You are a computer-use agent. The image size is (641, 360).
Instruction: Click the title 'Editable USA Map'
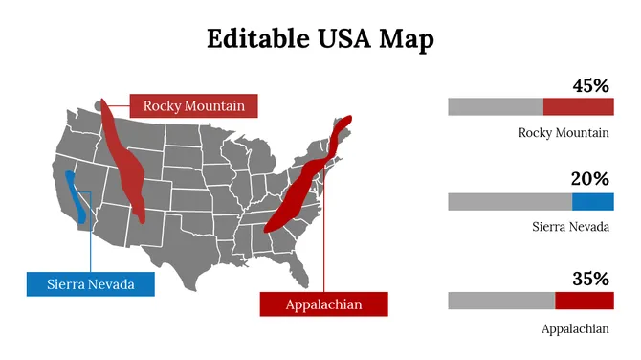tap(320, 38)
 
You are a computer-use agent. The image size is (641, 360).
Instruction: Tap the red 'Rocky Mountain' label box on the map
tap(194, 105)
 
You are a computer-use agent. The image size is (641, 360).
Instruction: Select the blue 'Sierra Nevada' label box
tap(90, 284)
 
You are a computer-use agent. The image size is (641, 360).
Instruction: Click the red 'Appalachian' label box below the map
tap(324, 304)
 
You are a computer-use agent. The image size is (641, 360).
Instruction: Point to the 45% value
tap(590, 85)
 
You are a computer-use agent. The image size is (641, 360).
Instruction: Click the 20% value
tap(590, 179)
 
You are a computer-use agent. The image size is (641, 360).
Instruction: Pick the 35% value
tap(590, 280)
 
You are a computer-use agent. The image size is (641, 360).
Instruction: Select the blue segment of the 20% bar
tap(593, 201)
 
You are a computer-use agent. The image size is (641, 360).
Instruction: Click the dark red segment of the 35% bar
tap(584, 301)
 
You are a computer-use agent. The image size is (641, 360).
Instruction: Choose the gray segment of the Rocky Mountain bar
tap(496, 107)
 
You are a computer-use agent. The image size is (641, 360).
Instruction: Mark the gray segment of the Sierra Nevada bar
tap(510, 201)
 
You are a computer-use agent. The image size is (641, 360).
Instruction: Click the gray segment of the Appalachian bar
tap(501, 301)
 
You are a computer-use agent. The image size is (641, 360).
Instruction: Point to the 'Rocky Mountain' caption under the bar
tap(564, 133)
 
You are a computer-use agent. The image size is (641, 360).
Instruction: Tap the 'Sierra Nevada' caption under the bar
tap(571, 227)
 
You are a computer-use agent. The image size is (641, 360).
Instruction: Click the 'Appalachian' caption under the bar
tap(575, 328)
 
